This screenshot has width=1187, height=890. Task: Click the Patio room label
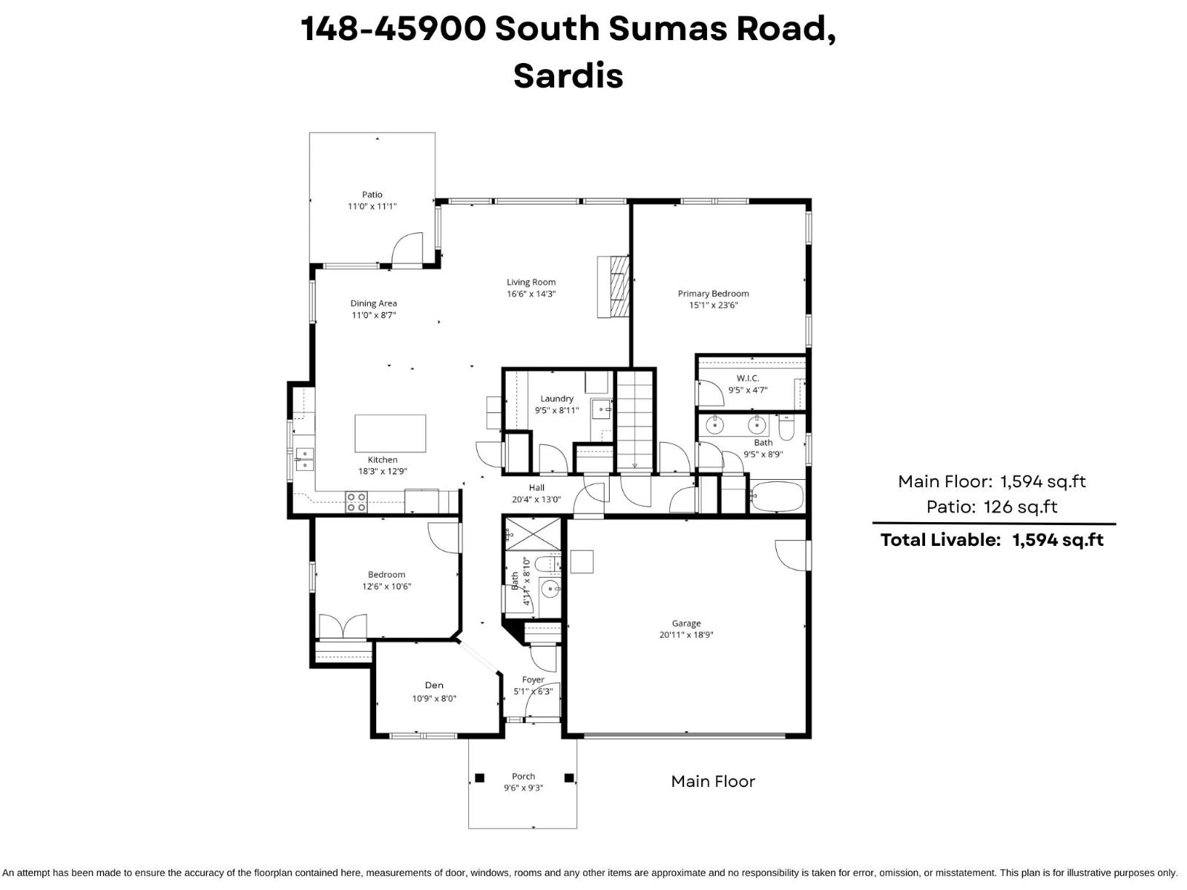[x=372, y=194]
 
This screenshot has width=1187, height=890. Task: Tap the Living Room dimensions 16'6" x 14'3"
[x=531, y=294]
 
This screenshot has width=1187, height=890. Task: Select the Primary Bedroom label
[x=713, y=294]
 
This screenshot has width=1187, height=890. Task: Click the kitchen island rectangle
[x=390, y=433]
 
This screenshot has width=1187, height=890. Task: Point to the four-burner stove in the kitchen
[x=356, y=502]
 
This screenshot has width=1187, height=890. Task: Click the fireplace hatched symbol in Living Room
[x=614, y=287]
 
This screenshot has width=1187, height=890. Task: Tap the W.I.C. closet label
[x=748, y=378]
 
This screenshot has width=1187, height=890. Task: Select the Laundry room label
[x=556, y=399]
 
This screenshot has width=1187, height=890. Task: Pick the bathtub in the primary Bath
[x=776, y=496]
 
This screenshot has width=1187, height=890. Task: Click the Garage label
[x=686, y=624]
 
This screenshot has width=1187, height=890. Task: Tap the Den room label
[x=434, y=685]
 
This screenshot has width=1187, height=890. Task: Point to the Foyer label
[x=533, y=679]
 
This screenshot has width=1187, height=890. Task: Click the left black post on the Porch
[x=479, y=778]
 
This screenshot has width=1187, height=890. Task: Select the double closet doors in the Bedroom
[x=342, y=627]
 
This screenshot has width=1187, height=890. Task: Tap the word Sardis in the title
[x=568, y=75]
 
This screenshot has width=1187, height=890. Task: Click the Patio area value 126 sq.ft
[x=1020, y=507]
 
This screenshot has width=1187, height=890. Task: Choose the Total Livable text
[x=941, y=540]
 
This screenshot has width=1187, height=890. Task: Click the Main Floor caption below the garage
[x=713, y=781]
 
